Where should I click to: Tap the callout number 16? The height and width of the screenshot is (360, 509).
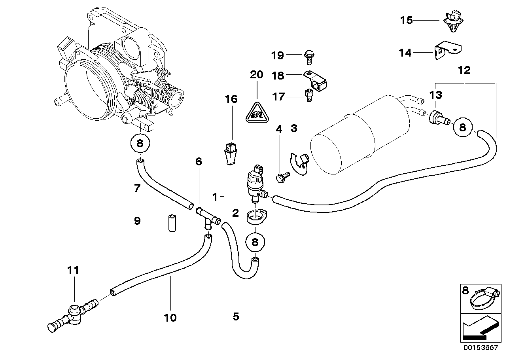coord(231,99)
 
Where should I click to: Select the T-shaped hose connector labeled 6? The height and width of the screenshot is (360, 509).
coord(207,217)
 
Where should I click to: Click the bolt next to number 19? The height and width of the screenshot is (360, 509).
coord(308,56)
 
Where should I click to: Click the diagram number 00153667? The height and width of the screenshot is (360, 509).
coord(480,348)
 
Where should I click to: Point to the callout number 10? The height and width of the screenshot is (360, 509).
coord(171,317)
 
